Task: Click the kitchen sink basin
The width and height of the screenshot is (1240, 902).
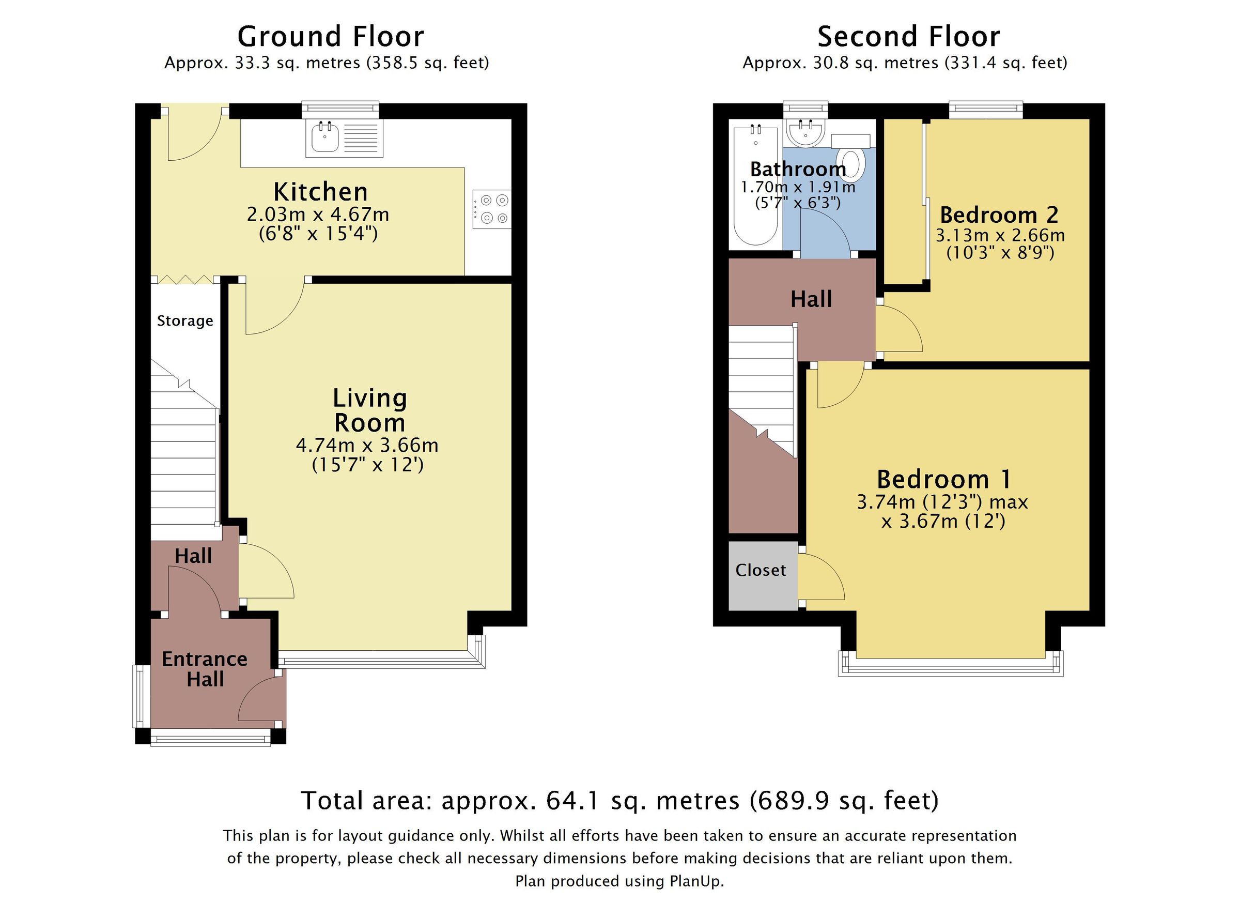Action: [326, 137]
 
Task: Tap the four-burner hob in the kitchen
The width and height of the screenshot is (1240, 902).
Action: [491, 209]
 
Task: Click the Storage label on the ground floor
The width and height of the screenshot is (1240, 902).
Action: [185, 320]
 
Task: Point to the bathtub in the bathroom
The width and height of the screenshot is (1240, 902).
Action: [755, 186]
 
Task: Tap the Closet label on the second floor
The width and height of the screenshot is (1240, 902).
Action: [761, 571]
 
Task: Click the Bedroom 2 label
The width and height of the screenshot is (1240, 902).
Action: [999, 215]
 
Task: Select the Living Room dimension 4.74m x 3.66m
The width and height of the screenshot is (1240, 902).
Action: [367, 445]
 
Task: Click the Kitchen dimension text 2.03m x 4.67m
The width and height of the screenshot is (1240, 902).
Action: [318, 214]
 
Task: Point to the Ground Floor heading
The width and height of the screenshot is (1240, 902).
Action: [330, 37]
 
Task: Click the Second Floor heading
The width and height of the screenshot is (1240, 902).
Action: [908, 37]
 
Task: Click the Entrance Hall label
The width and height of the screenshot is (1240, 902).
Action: [205, 668]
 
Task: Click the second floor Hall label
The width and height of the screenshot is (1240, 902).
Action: [811, 299]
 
